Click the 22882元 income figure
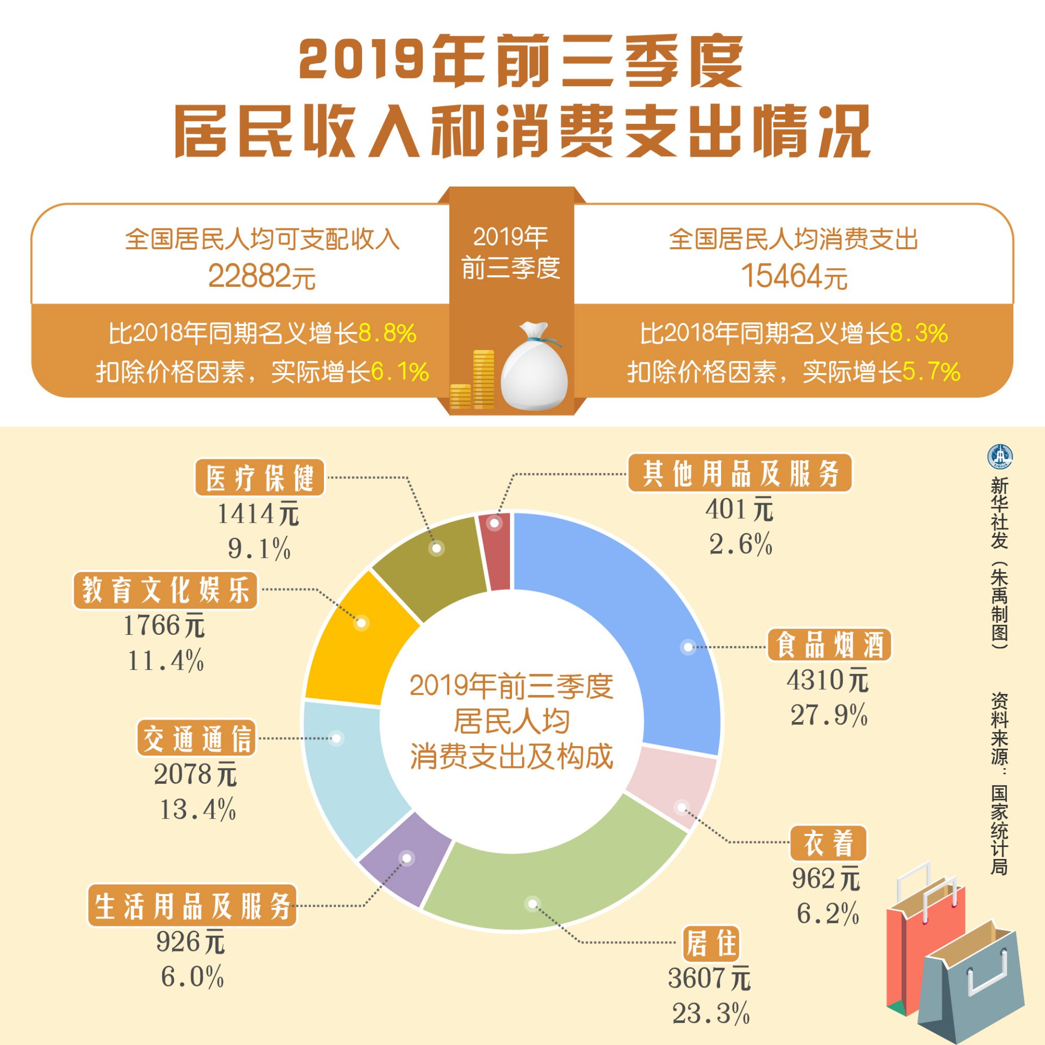262,276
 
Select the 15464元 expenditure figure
793,276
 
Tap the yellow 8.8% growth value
387,333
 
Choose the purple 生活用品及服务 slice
405,860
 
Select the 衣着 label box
828,843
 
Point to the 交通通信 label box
196,738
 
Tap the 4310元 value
827,680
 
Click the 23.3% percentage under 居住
711,1013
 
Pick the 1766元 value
164,626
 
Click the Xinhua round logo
1000,457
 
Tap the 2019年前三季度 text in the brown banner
510,252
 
